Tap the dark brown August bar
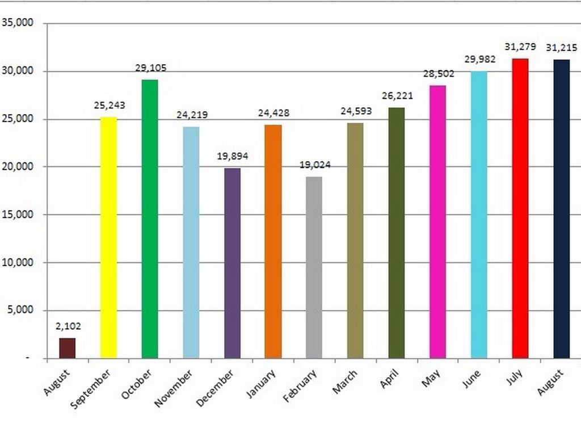click(68, 348)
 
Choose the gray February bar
click(314, 267)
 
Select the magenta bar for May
click(437, 221)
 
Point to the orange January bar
click(273, 241)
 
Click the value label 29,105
click(150, 68)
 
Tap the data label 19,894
click(233, 156)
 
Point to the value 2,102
click(68, 326)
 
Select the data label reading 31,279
click(520, 47)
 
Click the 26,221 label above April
click(397, 96)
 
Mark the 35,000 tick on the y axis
click(18, 23)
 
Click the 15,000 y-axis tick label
click(18, 215)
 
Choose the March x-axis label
click(344, 383)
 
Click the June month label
click(471, 379)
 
